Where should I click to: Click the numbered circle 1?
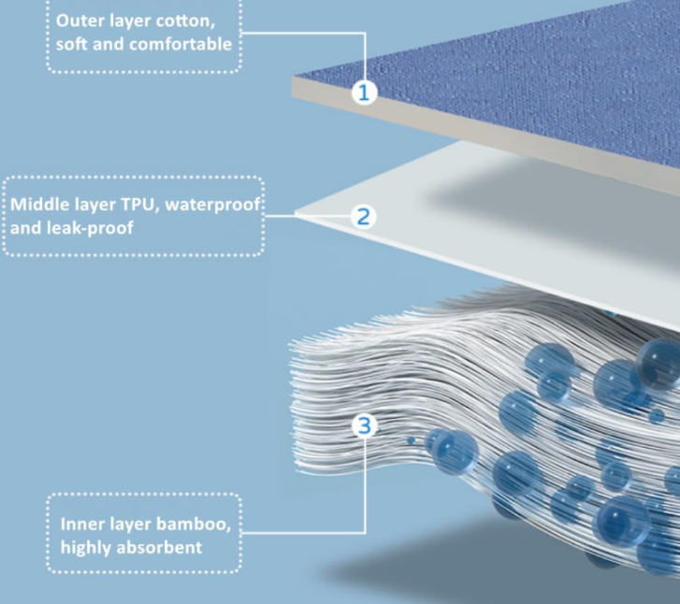point(365,92)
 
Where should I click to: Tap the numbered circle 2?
point(364,216)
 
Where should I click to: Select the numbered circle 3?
point(365,425)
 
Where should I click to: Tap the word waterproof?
point(215,203)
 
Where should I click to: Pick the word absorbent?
point(161,546)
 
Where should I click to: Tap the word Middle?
point(39,203)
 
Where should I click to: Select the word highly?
point(87,546)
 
